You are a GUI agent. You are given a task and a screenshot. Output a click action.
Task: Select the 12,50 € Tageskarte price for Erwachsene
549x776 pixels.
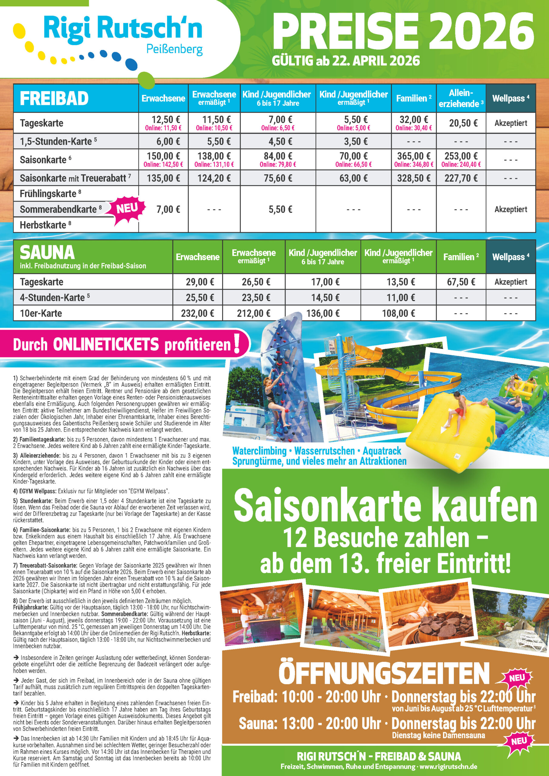(166, 120)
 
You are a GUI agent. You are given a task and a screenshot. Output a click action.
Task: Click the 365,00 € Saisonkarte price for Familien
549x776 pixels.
(413, 156)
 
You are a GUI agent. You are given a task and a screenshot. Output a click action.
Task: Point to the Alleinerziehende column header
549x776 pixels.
(461, 98)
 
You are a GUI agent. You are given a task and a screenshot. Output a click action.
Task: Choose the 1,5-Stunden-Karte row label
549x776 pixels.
(56, 141)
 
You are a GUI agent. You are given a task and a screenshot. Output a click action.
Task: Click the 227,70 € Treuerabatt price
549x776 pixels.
(461, 178)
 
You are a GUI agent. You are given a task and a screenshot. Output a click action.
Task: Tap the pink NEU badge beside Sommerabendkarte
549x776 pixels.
(127, 209)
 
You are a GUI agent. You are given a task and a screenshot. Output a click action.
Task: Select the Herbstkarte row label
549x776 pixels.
(43, 225)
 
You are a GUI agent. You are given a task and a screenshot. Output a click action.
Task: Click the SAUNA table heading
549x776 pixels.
(47, 253)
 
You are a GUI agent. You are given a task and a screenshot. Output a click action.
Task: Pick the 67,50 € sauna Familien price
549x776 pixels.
(461, 282)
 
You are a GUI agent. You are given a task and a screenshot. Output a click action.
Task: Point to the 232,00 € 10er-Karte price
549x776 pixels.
(197, 313)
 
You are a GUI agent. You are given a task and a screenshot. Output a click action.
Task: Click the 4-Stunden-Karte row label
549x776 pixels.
(52, 298)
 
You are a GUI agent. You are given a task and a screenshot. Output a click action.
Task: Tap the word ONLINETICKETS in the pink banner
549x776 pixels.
(106, 344)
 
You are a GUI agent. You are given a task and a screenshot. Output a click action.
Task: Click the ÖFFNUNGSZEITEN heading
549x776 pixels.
(384, 673)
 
